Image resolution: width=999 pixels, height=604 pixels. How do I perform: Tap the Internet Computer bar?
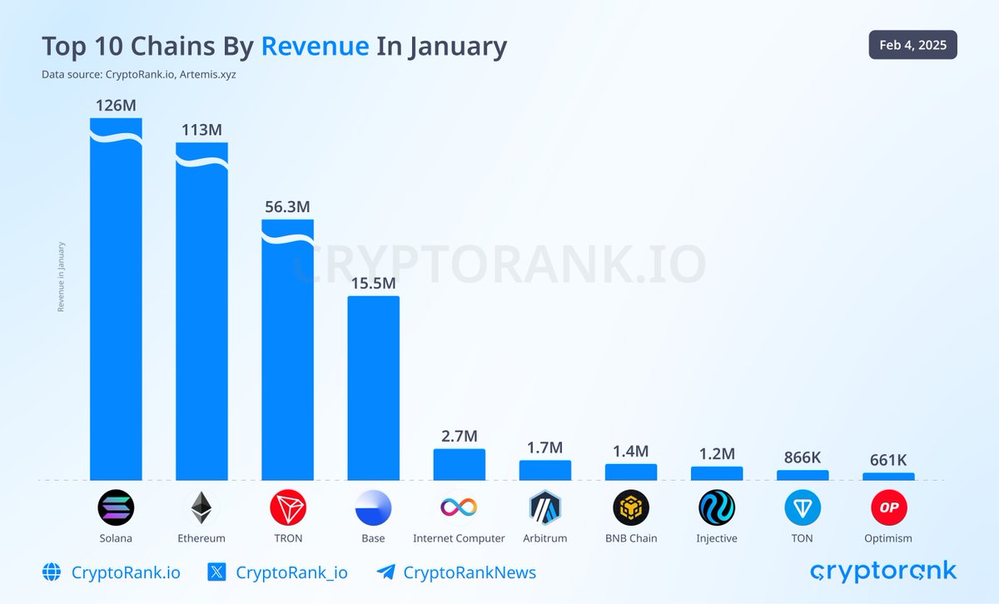(459, 464)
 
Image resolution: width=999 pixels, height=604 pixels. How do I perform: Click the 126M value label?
(116, 106)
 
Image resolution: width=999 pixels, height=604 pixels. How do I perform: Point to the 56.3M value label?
(287, 207)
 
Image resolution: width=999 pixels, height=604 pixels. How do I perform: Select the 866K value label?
(803, 457)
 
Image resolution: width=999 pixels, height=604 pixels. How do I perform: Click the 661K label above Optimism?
(888, 460)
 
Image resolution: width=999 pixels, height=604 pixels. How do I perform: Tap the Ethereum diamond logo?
(201, 507)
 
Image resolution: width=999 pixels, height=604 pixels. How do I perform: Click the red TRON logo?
(288, 507)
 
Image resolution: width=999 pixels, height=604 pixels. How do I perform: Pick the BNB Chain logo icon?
(631, 507)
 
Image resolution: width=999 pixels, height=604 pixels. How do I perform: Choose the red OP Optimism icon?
(888, 507)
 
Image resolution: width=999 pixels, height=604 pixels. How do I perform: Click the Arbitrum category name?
(545, 538)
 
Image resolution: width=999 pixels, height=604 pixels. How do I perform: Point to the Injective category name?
(717, 538)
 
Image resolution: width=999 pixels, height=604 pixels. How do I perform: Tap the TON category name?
(803, 538)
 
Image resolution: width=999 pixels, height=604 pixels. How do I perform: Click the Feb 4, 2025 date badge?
(912, 45)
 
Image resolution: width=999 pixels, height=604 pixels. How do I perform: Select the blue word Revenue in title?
(315, 46)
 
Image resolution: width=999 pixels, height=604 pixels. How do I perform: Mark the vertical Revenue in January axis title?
(61, 277)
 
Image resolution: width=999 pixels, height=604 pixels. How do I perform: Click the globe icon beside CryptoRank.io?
(52, 572)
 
